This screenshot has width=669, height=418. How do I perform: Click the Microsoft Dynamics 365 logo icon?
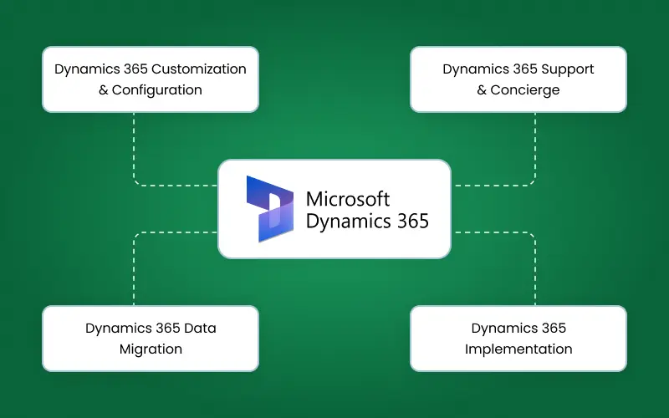click(269, 208)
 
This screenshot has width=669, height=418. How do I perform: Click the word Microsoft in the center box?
click(348, 199)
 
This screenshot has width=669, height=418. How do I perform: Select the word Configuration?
click(157, 89)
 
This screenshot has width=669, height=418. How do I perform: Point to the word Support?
click(564, 69)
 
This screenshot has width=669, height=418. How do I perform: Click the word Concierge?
click(524, 89)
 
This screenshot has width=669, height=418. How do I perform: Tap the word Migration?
click(151, 349)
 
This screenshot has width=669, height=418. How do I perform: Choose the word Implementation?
click(518, 349)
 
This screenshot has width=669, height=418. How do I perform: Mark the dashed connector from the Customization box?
click(135, 150)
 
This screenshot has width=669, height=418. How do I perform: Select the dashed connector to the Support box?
click(534, 150)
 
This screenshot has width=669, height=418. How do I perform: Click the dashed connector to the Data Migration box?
click(135, 268)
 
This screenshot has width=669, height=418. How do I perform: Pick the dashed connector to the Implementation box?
click(534, 268)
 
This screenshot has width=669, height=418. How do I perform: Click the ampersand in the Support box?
click(482, 89)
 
